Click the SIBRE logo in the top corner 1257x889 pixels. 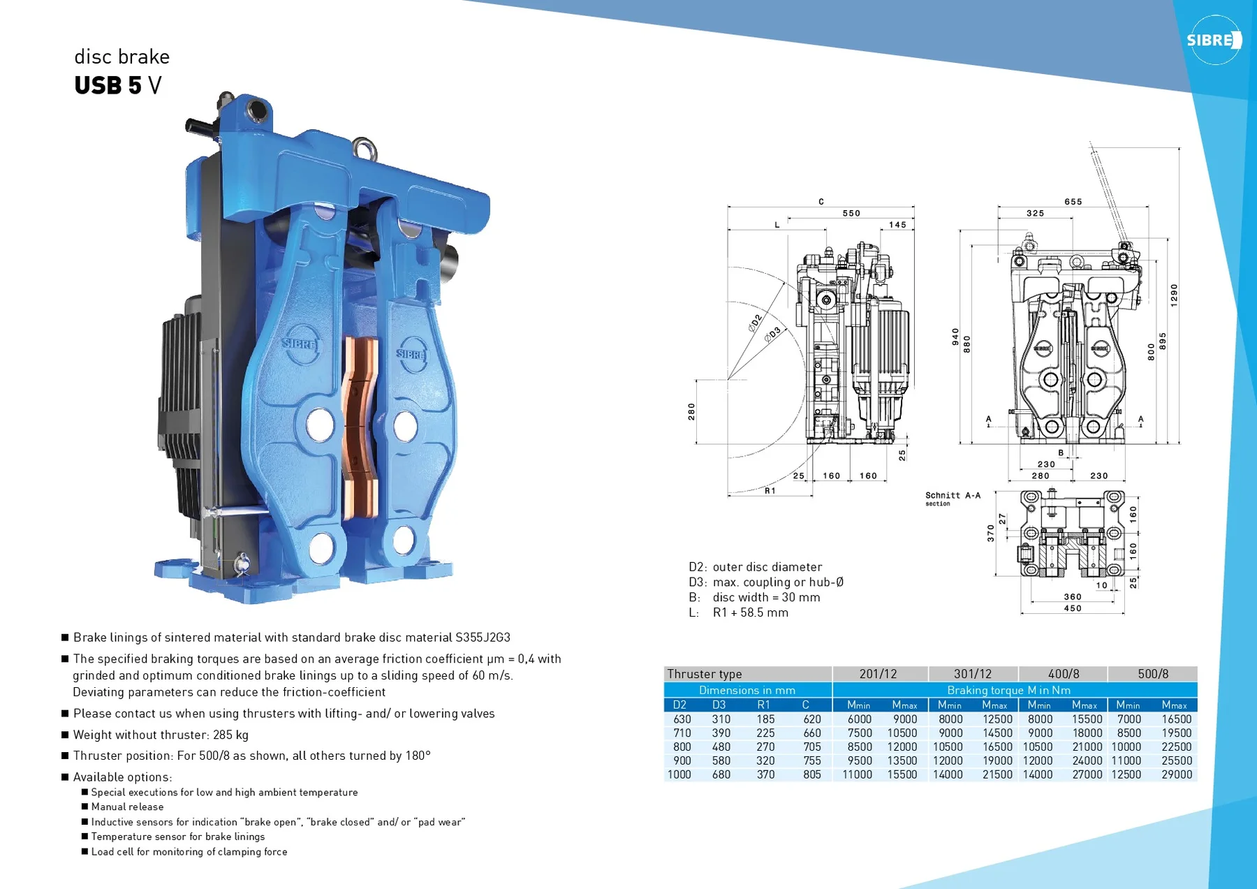1214,40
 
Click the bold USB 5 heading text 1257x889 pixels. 108,85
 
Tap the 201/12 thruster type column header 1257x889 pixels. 878,674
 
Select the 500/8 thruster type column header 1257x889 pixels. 1153,674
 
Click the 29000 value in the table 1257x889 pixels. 1177,774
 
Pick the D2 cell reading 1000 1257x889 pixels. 679,774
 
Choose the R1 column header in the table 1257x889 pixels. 764,705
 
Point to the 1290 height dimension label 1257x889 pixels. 1174,295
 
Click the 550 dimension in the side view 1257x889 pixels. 851,214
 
